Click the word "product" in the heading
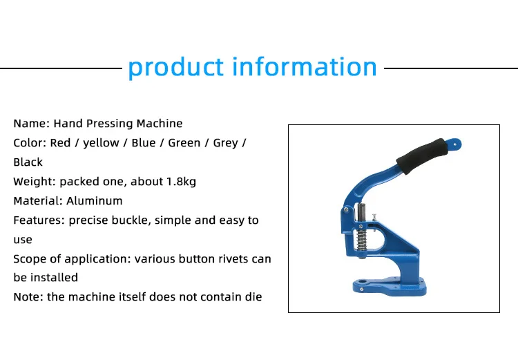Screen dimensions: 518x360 175,68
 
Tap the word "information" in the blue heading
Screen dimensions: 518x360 305,66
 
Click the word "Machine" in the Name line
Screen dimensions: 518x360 160,123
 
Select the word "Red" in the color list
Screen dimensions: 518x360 60,143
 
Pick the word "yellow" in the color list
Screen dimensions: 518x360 101,143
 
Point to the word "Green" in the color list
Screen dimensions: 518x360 184,143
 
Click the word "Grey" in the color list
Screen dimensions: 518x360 225,143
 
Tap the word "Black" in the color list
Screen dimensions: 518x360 28,162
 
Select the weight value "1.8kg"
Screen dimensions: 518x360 182,182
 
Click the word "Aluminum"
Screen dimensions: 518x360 95,200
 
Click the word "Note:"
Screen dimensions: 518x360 28,297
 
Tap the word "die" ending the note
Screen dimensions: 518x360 253,297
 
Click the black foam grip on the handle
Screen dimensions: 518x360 422,156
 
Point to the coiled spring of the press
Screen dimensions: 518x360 362,240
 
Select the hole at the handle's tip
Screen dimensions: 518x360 455,144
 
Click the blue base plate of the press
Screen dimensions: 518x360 390,287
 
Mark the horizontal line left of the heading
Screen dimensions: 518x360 61,68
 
